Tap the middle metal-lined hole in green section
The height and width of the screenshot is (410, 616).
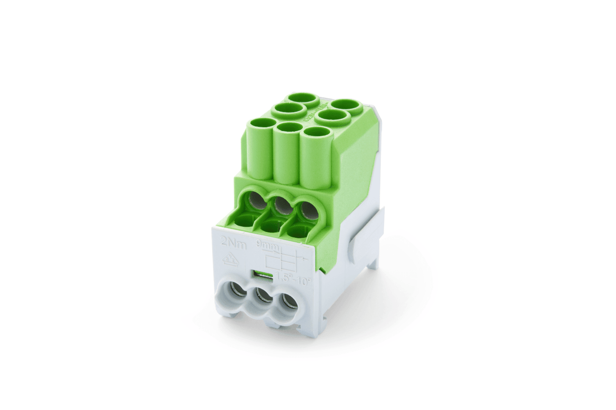(x=283, y=205)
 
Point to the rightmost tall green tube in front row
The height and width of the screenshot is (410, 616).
(x=317, y=158)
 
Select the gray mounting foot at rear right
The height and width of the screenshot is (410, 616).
(x=373, y=263)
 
